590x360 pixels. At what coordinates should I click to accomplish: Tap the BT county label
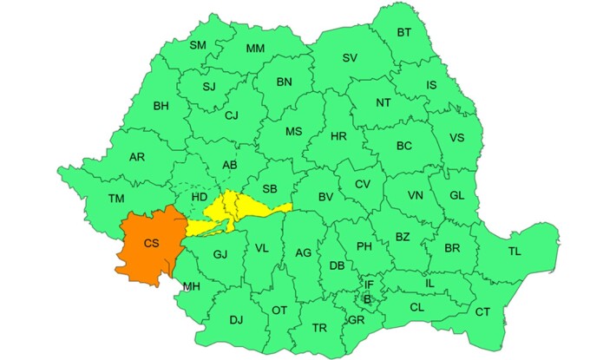click(404, 33)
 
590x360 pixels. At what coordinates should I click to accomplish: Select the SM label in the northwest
click(197, 45)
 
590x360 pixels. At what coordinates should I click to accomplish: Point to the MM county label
click(255, 49)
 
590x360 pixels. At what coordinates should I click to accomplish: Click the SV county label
click(350, 58)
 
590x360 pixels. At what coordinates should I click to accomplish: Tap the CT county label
click(482, 312)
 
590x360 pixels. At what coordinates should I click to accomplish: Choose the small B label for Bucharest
click(367, 299)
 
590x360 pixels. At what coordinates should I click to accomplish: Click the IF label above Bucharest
click(368, 285)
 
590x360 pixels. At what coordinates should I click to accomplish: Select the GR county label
click(354, 319)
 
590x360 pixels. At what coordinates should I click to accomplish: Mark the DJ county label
click(236, 320)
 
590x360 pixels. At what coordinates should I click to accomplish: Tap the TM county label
click(116, 199)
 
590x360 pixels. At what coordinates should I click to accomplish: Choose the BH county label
click(161, 107)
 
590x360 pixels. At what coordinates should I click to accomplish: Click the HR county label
click(338, 136)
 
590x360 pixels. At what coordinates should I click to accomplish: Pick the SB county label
click(269, 189)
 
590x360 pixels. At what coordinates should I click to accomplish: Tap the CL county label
click(416, 307)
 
